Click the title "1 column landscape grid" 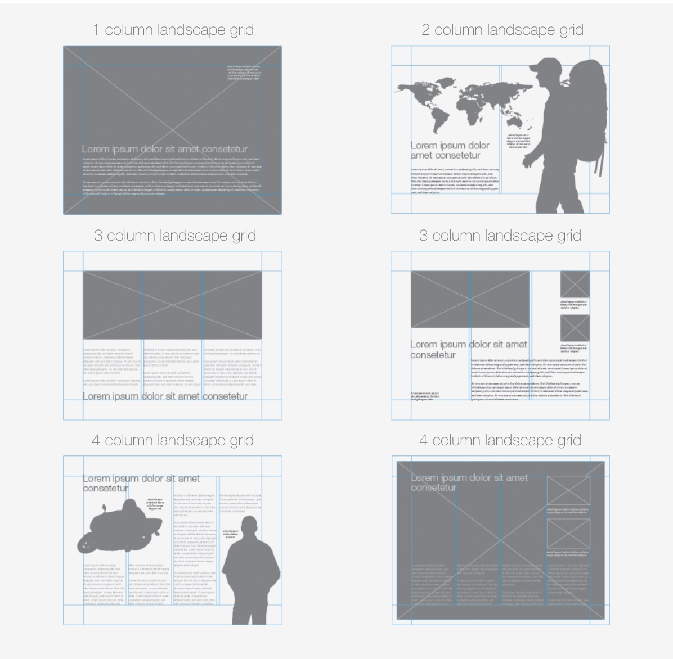(x=173, y=30)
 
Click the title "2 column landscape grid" (x=502, y=30)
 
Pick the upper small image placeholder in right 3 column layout (x=575, y=285)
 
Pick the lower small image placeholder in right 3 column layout (x=575, y=328)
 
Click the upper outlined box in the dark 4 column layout (x=568, y=491)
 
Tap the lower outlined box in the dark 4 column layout (x=568, y=534)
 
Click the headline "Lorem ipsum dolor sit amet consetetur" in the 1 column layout (x=164, y=149)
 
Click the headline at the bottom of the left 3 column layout (x=165, y=396)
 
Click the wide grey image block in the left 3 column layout (x=172, y=305)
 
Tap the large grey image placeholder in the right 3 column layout (x=470, y=299)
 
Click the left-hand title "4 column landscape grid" (x=173, y=440)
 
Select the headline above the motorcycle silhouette (x=141, y=483)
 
